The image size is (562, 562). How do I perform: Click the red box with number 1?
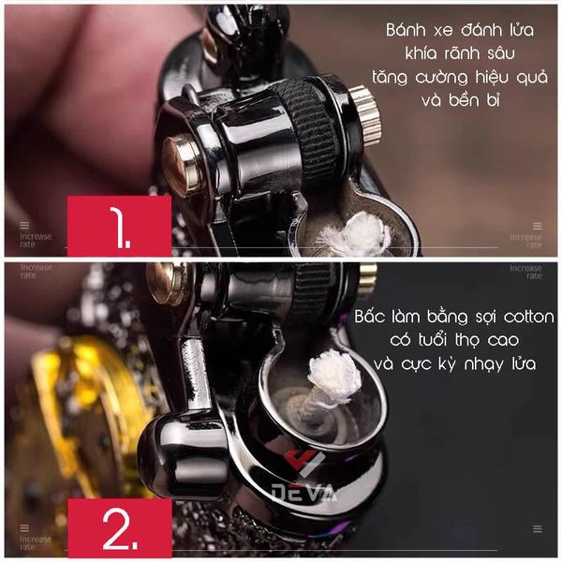[x=119, y=226]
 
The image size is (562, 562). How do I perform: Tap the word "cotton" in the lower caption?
[x=528, y=317]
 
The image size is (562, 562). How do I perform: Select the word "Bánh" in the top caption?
[x=407, y=29]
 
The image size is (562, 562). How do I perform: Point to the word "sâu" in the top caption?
[x=501, y=53]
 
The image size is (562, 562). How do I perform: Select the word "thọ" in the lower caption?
[x=466, y=341]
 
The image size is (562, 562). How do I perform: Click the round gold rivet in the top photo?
[x=180, y=165]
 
